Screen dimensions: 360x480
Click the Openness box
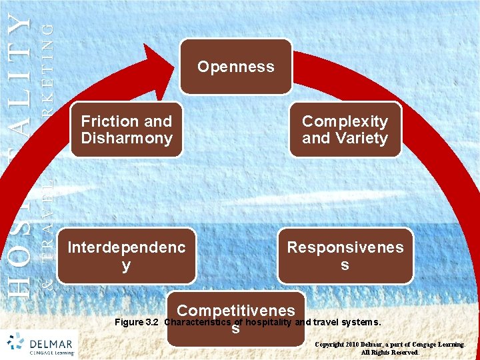point(235,67)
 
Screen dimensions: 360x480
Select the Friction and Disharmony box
point(127,130)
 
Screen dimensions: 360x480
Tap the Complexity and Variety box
point(345,130)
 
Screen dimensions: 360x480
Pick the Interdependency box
point(127,256)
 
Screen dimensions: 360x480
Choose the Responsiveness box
point(345,256)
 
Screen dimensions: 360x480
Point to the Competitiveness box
point(235,319)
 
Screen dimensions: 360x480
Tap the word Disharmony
point(127,139)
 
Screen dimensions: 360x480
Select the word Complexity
point(345,121)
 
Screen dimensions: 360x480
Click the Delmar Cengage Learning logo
point(41,344)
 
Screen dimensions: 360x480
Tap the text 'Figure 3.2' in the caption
point(137,323)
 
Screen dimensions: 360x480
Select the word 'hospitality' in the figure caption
point(269,323)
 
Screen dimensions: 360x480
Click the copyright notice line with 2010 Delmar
point(390,344)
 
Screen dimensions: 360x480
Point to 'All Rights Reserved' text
point(390,353)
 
